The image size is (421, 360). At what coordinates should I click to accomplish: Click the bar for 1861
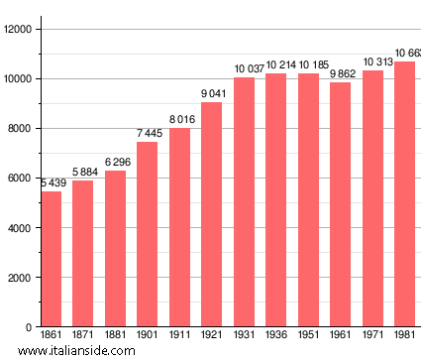51,259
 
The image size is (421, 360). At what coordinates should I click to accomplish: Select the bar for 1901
147,234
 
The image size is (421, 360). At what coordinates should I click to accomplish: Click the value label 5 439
55,183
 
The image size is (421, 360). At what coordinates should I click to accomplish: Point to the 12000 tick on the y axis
18,29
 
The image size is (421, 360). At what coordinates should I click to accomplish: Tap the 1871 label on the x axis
82,337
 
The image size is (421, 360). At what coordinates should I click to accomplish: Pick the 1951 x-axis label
308,337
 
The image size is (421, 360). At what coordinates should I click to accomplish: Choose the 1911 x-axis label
179,337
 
